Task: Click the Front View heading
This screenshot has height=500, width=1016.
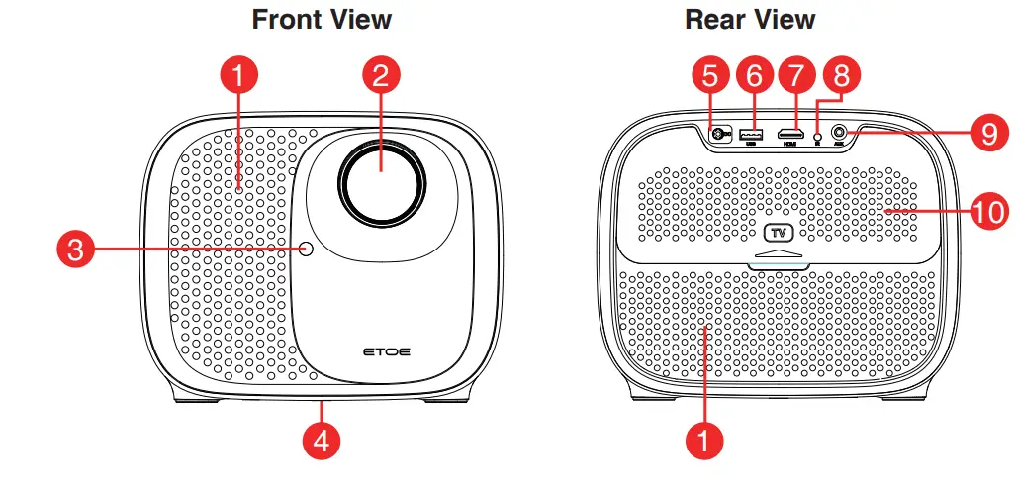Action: [x=322, y=19]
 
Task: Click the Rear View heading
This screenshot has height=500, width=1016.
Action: [x=750, y=19]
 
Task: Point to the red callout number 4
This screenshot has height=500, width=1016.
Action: [x=321, y=441]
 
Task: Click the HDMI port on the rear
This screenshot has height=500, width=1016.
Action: [x=788, y=133]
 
